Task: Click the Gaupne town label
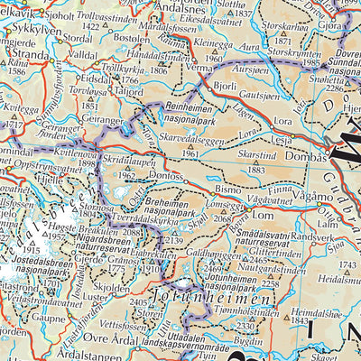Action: tap(50, 318)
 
